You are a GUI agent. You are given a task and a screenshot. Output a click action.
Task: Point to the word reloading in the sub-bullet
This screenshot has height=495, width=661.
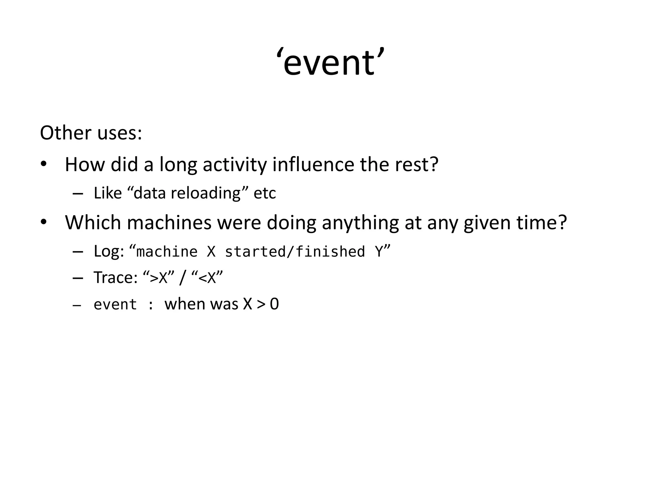pos(206,193)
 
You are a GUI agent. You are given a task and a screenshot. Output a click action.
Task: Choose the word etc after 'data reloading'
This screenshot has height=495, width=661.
pos(265,193)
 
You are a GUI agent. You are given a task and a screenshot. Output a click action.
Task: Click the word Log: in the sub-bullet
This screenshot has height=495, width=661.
pos(109,251)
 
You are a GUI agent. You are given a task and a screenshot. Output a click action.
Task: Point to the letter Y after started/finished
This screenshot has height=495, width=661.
pos(379,251)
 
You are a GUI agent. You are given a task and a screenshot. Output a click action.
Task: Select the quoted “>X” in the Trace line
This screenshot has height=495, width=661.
pos(158,277)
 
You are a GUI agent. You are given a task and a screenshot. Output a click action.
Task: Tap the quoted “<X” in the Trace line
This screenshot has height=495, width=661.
pos(207,277)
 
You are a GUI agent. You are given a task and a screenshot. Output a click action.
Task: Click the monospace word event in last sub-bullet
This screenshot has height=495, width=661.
pos(115,305)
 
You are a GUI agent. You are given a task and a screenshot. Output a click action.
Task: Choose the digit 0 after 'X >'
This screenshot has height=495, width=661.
pos(274,304)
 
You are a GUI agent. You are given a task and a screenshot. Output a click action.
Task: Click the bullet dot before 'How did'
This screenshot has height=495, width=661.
pos(44,164)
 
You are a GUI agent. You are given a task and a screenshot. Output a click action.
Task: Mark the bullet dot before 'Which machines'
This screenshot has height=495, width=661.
pos(44,222)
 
